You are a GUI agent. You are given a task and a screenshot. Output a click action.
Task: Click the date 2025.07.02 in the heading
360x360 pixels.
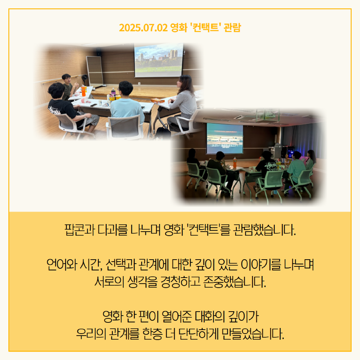click(x=144, y=28)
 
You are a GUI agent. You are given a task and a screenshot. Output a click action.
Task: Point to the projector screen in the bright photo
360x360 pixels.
click(x=158, y=60)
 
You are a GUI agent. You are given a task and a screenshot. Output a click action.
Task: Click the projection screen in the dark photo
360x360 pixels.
click(x=225, y=138)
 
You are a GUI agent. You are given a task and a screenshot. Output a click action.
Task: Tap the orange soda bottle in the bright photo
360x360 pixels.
click(x=84, y=91)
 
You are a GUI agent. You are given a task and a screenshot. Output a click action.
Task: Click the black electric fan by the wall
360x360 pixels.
click(x=84, y=80)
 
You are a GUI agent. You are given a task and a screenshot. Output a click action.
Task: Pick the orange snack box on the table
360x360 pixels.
click(x=158, y=100)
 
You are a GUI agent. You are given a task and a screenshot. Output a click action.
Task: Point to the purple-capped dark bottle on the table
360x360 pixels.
click(x=113, y=92)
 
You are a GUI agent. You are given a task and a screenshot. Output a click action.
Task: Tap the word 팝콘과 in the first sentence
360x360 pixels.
click(x=80, y=230)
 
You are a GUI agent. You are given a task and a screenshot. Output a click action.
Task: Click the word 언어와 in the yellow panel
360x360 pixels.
click(x=62, y=264)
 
